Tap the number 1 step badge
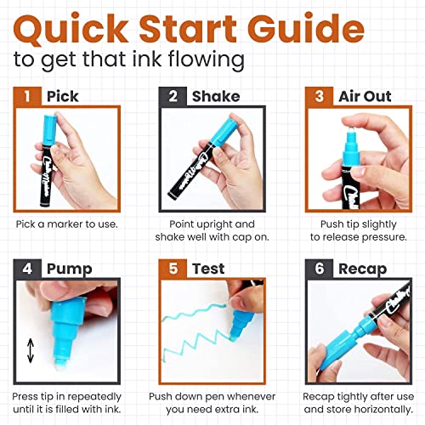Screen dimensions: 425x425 (26, 96)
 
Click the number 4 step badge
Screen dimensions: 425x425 (26, 269)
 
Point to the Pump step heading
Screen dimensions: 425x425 (67, 269)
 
